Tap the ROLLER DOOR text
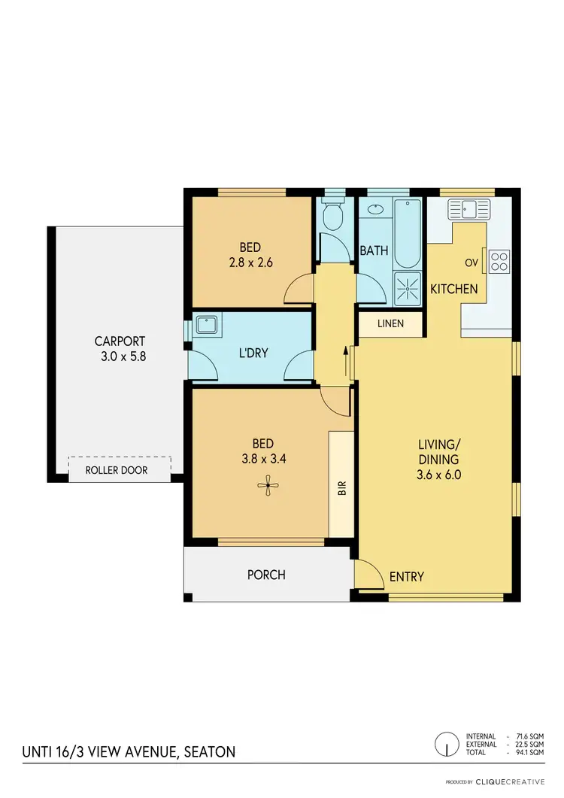pyautogui.click(x=117, y=470)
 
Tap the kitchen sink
pyautogui.click(x=468, y=208)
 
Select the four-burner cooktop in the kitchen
pyautogui.click(x=499, y=261)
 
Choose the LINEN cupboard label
pyautogui.click(x=390, y=324)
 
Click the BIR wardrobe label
pyautogui.click(x=341, y=487)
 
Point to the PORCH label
pyautogui.click(x=266, y=575)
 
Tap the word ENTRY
pyautogui.click(x=406, y=577)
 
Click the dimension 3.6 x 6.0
pyautogui.click(x=438, y=475)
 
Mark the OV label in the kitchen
pyautogui.click(x=472, y=262)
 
